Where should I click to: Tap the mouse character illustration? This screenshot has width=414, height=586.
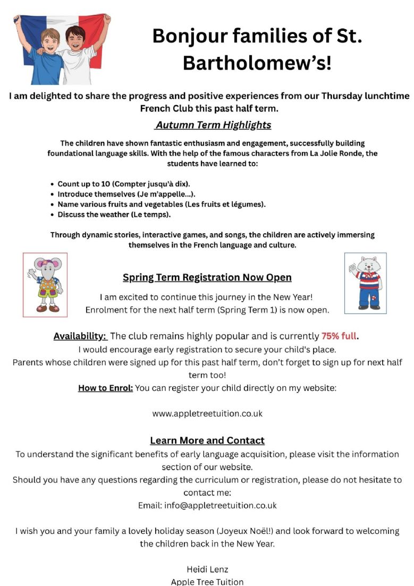tap(45, 284)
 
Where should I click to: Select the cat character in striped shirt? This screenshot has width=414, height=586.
tap(366, 283)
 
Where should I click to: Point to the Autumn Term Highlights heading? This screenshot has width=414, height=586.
tap(213, 125)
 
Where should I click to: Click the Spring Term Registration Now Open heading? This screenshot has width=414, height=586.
tap(207, 277)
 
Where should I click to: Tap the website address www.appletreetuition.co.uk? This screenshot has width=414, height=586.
tap(207, 413)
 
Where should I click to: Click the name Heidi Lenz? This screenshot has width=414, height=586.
tap(207, 570)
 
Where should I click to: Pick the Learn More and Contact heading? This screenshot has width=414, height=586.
tap(207, 440)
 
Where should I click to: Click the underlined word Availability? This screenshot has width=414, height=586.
tap(80, 336)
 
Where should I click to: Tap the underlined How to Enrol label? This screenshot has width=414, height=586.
tap(105, 388)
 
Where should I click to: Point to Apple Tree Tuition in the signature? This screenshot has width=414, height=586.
tap(207, 582)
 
